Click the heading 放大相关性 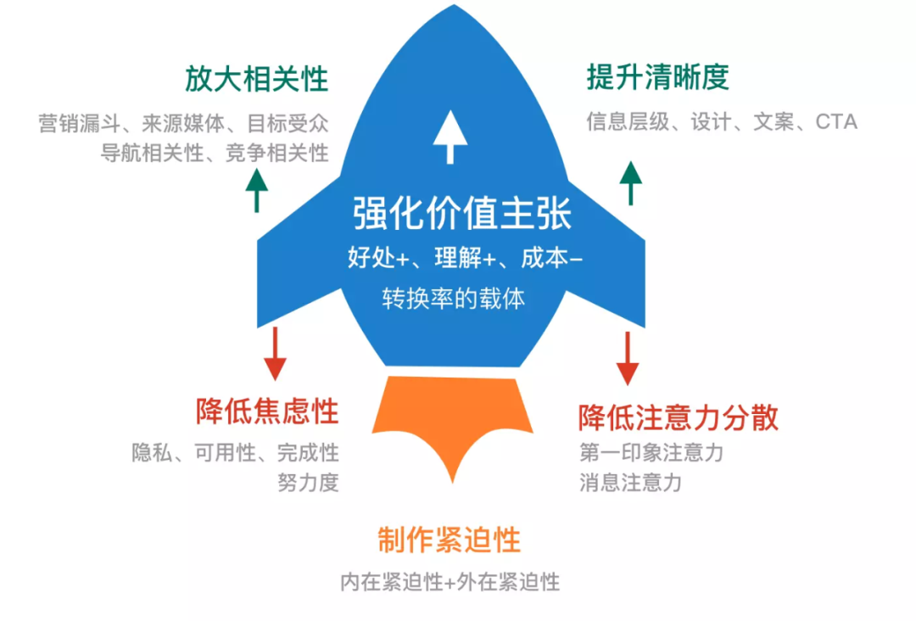pyautogui.click(x=256, y=81)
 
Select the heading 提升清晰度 pyautogui.click(x=658, y=78)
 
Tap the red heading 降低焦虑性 pyautogui.click(x=267, y=412)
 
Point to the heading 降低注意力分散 pyautogui.click(x=679, y=417)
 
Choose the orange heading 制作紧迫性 pyautogui.click(x=450, y=540)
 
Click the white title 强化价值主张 pyautogui.click(x=463, y=214)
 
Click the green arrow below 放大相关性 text pyautogui.click(x=256, y=189)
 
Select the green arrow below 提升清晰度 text pyautogui.click(x=630, y=182)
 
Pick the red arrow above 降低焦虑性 pyautogui.click(x=275, y=353)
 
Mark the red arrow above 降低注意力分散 pyautogui.click(x=627, y=357)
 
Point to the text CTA pyautogui.click(x=836, y=122)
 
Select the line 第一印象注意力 pyautogui.click(x=651, y=452)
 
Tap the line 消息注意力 pyautogui.click(x=631, y=483)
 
